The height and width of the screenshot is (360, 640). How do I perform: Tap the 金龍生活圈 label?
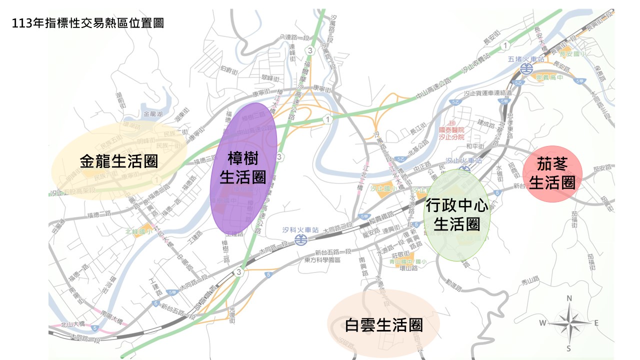119,161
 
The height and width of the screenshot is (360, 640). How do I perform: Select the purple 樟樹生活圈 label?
243,169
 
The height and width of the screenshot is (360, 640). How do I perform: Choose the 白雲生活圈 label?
384,325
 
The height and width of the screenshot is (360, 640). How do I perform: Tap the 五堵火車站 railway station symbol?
525,68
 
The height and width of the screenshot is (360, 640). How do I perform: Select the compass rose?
568,323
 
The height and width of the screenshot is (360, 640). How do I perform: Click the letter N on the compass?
568,298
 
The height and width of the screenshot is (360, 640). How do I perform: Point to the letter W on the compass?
542,323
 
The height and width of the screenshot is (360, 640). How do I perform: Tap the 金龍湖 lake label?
153,114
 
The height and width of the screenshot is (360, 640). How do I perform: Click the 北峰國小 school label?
135,231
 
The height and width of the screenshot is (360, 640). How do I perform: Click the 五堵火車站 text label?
524,58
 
